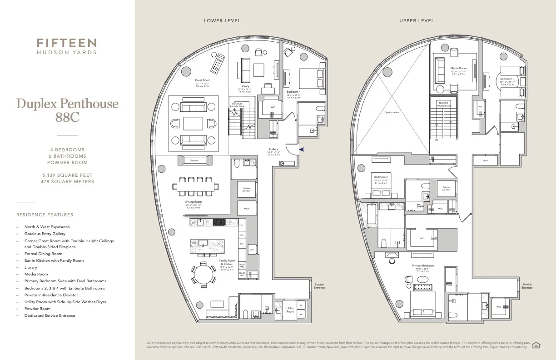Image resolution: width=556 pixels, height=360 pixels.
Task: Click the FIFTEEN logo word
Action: [x=67, y=43]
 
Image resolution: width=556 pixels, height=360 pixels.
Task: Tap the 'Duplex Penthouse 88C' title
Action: [x=67, y=110]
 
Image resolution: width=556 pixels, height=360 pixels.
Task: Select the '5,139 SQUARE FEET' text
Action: [x=67, y=175]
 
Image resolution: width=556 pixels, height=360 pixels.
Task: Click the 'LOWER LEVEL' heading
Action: [x=222, y=21]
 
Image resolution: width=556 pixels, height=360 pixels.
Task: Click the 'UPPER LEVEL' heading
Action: [x=417, y=21]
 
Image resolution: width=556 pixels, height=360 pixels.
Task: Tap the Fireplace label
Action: [x=194, y=160]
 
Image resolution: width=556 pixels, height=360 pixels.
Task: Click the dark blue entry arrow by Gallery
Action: [x=301, y=149]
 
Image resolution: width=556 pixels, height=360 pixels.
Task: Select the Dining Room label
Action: [x=194, y=202]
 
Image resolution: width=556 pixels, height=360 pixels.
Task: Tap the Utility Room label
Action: [x=290, y=310]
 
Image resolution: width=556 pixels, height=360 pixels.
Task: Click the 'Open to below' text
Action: [x=391, y=112]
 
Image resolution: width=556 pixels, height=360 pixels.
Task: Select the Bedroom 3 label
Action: [x=507, y=79]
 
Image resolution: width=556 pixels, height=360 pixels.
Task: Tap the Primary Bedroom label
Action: [x=423, y=265]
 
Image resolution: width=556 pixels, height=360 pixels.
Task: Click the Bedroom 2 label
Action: [x=380, y=177]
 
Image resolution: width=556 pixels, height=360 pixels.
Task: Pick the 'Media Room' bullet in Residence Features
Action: [x=36, y=274]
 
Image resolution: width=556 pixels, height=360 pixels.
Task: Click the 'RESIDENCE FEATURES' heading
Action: [x=45, y=215]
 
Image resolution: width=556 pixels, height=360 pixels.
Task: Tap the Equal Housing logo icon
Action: [x=536, y=345]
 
